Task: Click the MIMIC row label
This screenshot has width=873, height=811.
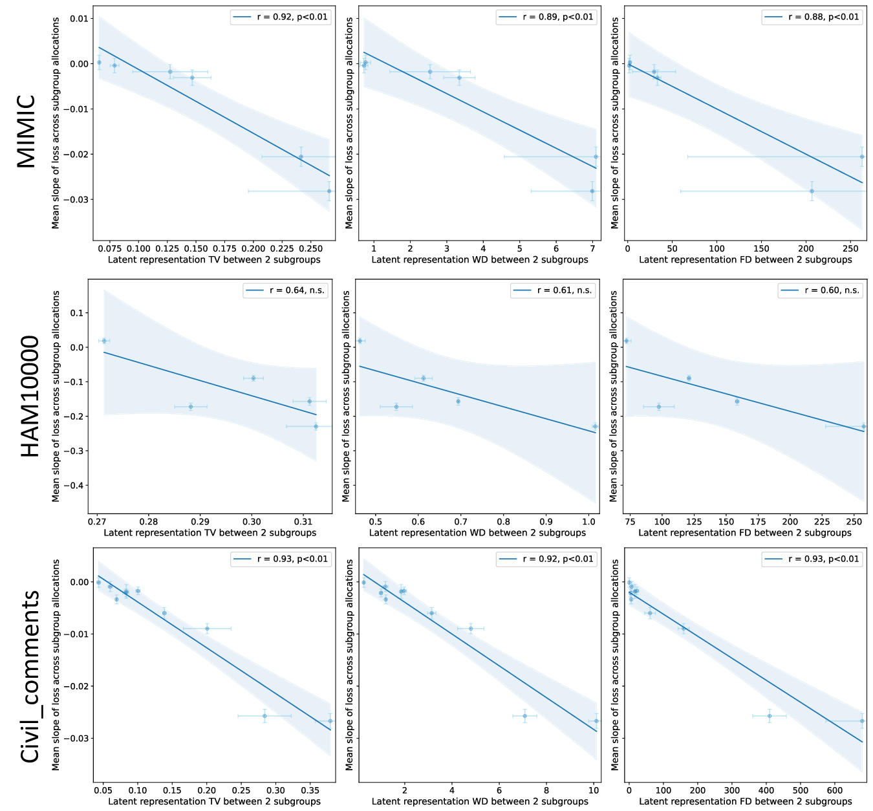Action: (x=26, y=131)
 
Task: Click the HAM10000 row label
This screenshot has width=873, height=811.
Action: (x=30, y=396)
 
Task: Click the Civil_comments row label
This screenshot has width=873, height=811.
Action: (x=30, y=676)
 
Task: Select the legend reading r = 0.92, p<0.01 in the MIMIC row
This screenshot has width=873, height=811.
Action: (x=281, y=17)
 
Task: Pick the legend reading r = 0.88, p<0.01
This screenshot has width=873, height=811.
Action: (x=813, y=17)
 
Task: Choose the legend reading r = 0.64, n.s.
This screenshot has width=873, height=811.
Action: (x=285, y=290)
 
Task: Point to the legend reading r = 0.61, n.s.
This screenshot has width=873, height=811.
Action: (x=553, y=290)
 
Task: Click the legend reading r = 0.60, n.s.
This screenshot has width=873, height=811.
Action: (x=820, y=290)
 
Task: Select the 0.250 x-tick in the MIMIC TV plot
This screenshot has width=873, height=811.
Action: (x=311, y=248)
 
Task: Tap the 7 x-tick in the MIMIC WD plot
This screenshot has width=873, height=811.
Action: (x=592, y=248)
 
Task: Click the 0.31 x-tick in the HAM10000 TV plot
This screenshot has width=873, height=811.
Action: (x=303, y=521)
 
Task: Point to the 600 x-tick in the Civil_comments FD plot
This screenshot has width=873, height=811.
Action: (x=835, y=790)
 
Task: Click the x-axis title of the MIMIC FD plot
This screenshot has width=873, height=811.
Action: (x=745, y=259)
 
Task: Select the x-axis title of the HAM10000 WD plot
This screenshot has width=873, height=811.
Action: (x=477, y=532)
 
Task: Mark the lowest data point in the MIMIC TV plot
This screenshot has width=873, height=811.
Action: (x=329, y=191)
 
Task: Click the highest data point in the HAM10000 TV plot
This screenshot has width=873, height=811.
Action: (x=104, y=341)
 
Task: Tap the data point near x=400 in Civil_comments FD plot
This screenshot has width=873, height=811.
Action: (x=770, y=716)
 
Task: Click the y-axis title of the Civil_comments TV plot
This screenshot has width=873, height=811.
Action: (x=56, y=665)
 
